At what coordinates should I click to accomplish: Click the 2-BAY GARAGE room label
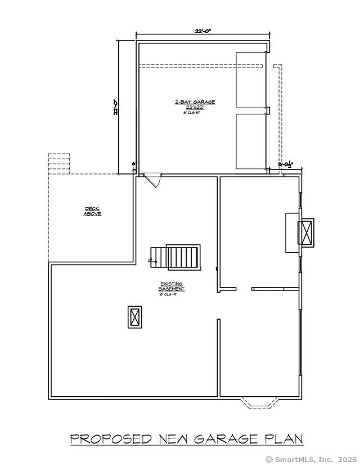(195, 102)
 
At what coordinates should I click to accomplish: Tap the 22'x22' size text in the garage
(195, 107)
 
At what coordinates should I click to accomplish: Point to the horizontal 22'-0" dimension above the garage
(203, 32)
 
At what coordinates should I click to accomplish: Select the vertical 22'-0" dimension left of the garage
(116, 107)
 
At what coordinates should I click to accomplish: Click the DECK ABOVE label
(92, 212)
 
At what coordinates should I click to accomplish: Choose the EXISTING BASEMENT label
(172, 286)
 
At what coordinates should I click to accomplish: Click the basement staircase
(175, 257)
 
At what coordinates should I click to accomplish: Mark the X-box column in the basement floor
(135, 317)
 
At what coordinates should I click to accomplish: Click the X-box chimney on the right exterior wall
(307, 232)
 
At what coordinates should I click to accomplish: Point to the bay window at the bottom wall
(259, 402)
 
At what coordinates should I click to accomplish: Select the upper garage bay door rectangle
(250, 79)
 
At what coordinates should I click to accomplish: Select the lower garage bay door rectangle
(250, 141)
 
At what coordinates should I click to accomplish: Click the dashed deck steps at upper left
(58, 163)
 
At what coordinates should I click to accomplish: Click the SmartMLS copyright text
(310, 459)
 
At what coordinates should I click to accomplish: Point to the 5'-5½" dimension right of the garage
(286, 165)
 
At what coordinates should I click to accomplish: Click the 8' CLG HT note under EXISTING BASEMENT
(169, 294)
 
